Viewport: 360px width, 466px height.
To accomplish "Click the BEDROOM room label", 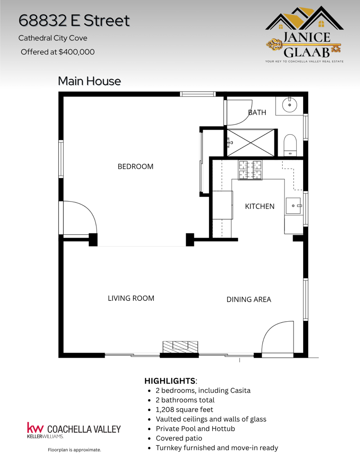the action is (136, 167).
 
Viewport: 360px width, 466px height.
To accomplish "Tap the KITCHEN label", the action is (259, 206).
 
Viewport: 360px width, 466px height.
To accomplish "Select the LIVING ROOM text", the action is (131, 298).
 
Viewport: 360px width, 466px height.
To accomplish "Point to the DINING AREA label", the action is (249, 299).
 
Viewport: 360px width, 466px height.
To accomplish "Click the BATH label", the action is (257, 112).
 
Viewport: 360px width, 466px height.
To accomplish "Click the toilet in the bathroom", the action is (290, 145).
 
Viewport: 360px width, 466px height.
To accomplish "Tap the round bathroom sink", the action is (289, 105).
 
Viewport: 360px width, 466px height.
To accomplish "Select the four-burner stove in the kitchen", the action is (250, 170).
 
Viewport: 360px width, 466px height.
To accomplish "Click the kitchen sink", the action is (294, 206).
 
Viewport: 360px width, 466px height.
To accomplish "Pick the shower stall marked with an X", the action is (251, 142).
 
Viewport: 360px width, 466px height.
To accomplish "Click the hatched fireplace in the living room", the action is (180, 347).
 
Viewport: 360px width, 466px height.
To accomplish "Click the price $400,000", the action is (77, 52).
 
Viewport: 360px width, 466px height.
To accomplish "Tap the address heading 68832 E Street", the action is (74, 20).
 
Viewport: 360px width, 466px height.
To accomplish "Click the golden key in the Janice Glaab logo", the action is (303, 45).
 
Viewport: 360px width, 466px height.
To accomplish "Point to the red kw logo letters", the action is (35, 428).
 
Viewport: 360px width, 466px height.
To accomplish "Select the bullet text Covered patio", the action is (179, 438).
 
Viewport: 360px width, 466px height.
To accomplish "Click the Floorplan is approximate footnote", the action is (74, 450).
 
